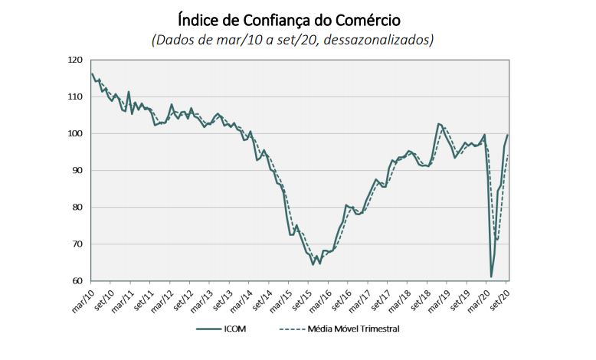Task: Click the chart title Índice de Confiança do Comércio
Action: pos(298,18)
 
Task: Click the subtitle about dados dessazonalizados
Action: pos(298,39)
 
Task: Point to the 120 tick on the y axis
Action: pos(75,60)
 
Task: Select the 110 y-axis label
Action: pos(75,97)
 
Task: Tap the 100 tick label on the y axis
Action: pos(75,133)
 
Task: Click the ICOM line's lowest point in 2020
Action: pos(491,277)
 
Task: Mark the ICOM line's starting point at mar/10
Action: pos(92,74)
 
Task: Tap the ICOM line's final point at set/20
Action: pos(508,135)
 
